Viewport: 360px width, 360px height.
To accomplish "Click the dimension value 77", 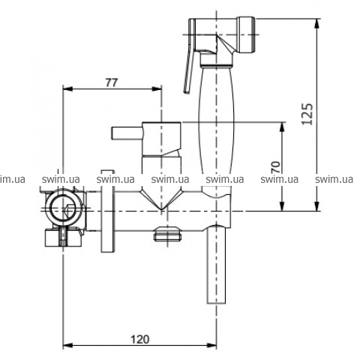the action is [112, 82].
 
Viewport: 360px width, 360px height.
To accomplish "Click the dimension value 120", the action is [140, 340].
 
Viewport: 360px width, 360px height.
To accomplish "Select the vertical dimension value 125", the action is [307, 114].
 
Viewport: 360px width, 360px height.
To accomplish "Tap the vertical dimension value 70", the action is [276, 167].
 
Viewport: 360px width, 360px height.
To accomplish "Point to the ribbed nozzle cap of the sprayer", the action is [246, 34].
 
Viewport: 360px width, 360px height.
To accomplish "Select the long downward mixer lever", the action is [217, 264].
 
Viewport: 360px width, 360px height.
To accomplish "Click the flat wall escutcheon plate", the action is [108, 211].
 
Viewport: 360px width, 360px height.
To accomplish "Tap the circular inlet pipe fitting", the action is [64, 208].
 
